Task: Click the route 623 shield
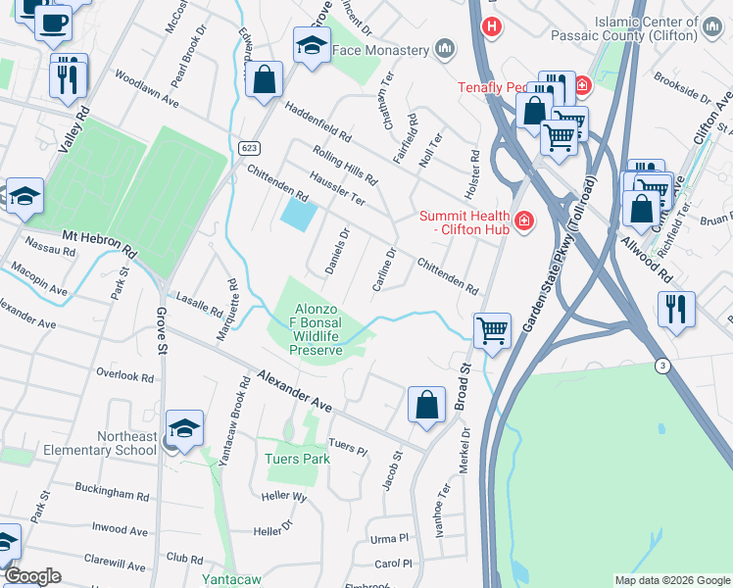click(x=247, y=148)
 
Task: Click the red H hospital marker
click(x=492, y=26)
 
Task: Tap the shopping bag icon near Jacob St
click(x=426, y=404)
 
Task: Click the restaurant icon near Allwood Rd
click(x=676, y=308)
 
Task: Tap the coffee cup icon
click(x=53, y=21)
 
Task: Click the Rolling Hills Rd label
click(x=345, y=166)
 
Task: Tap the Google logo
click(x=32, y=577)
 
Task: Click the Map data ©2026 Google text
click(x=671, y=580)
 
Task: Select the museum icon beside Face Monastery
click(x=446, y=48)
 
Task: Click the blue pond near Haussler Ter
click(x=299, y=213)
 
